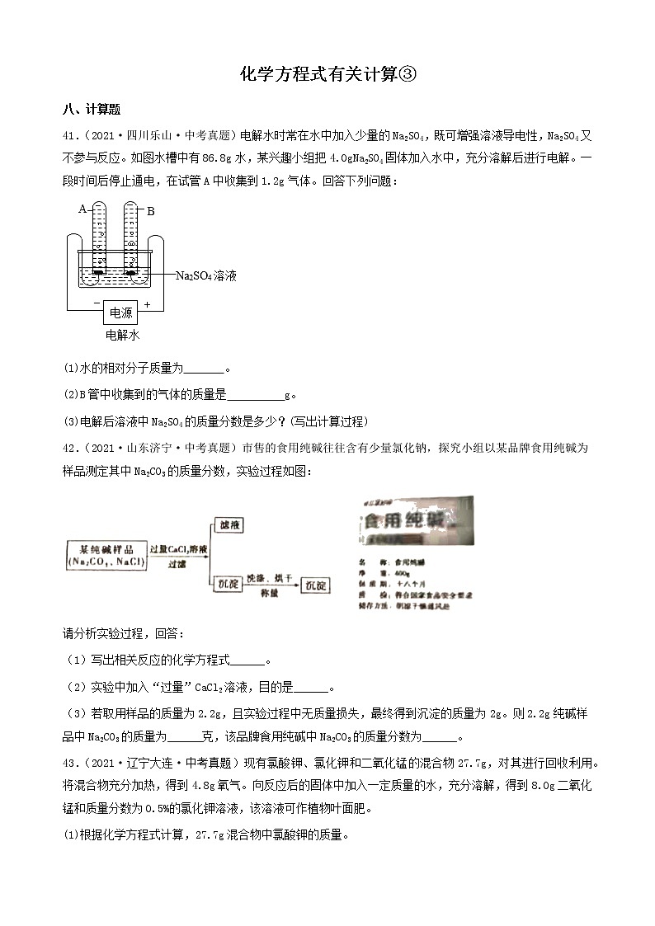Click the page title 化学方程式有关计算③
(x=327, y=75)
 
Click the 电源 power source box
(x=120, y=313)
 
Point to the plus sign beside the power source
(x=148, y=304)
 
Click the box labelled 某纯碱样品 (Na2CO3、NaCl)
(x=106, y=553)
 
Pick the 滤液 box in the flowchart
(x=228, y=524)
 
